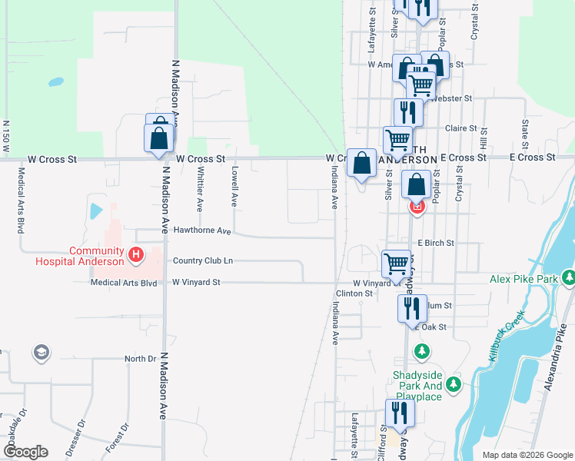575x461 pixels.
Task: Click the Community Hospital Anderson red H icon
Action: [x=136, y=254]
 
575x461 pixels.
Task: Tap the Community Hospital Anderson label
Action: [x=80, y=256]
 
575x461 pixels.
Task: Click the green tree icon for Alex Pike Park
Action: [x=568, y=277]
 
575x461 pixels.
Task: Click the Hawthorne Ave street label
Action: [x=202, y=230]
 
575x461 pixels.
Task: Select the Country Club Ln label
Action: [x=202, y=261]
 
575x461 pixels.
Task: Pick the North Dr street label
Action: [x=140, y=359]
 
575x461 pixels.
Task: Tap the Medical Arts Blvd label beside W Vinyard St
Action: [x=123, y=283]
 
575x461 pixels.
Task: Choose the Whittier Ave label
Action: [x=199, y=191]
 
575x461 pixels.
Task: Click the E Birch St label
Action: [x=436, y=243]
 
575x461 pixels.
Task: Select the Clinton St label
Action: [x=354, y=294]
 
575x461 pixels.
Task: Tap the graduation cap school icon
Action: [x=41, y=353]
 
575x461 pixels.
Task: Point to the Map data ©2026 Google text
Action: [x=527, y=455]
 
